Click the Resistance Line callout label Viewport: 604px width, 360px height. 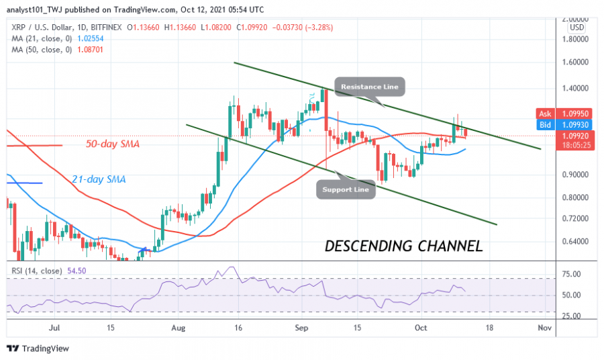click(370, 87)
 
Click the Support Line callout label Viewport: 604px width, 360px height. click(342, 190)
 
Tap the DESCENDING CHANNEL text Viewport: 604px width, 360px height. click(403, 246)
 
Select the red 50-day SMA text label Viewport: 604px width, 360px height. click(113, 144)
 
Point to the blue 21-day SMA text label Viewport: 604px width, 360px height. click(99, 179)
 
